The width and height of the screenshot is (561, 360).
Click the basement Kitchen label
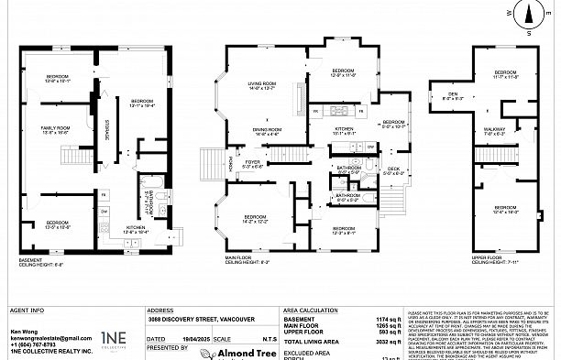(136, 229)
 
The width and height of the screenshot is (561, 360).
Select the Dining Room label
(267, 131)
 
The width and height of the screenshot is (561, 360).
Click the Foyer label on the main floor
(252, 165)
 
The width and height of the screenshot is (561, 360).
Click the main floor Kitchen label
(344, 131)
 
